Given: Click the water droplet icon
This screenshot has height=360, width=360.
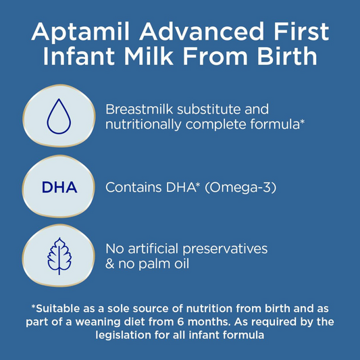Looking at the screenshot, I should (x=58, y=117).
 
